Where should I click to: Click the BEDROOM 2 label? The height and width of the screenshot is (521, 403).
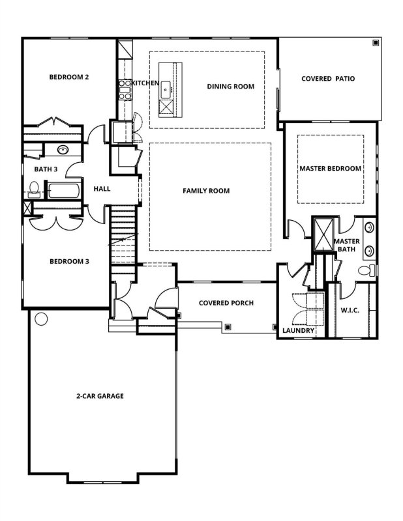coord(69,77)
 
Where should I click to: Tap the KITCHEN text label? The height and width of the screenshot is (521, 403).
coord(145,83)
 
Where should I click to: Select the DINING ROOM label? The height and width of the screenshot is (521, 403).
coord(230,86)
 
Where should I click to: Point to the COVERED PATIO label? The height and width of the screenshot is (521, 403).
coord(328,79)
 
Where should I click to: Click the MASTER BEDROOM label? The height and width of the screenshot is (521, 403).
coord(330,168)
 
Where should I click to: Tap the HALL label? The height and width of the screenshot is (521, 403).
coord(102,189)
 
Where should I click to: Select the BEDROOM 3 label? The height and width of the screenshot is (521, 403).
coord(69,262)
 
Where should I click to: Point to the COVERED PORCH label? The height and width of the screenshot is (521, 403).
coord(226,303)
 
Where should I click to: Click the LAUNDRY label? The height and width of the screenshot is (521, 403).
coord(299,331)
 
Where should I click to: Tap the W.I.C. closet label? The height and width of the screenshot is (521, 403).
coord(350,310)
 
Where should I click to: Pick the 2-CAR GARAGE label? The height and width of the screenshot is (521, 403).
coord(100,395)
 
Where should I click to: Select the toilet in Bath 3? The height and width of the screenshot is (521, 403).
coord(34,190)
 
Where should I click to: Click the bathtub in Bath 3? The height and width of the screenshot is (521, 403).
coord(64,191)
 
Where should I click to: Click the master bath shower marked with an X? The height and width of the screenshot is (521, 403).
coord(323,232)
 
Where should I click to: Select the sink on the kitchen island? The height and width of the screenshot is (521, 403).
coord(166,88)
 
